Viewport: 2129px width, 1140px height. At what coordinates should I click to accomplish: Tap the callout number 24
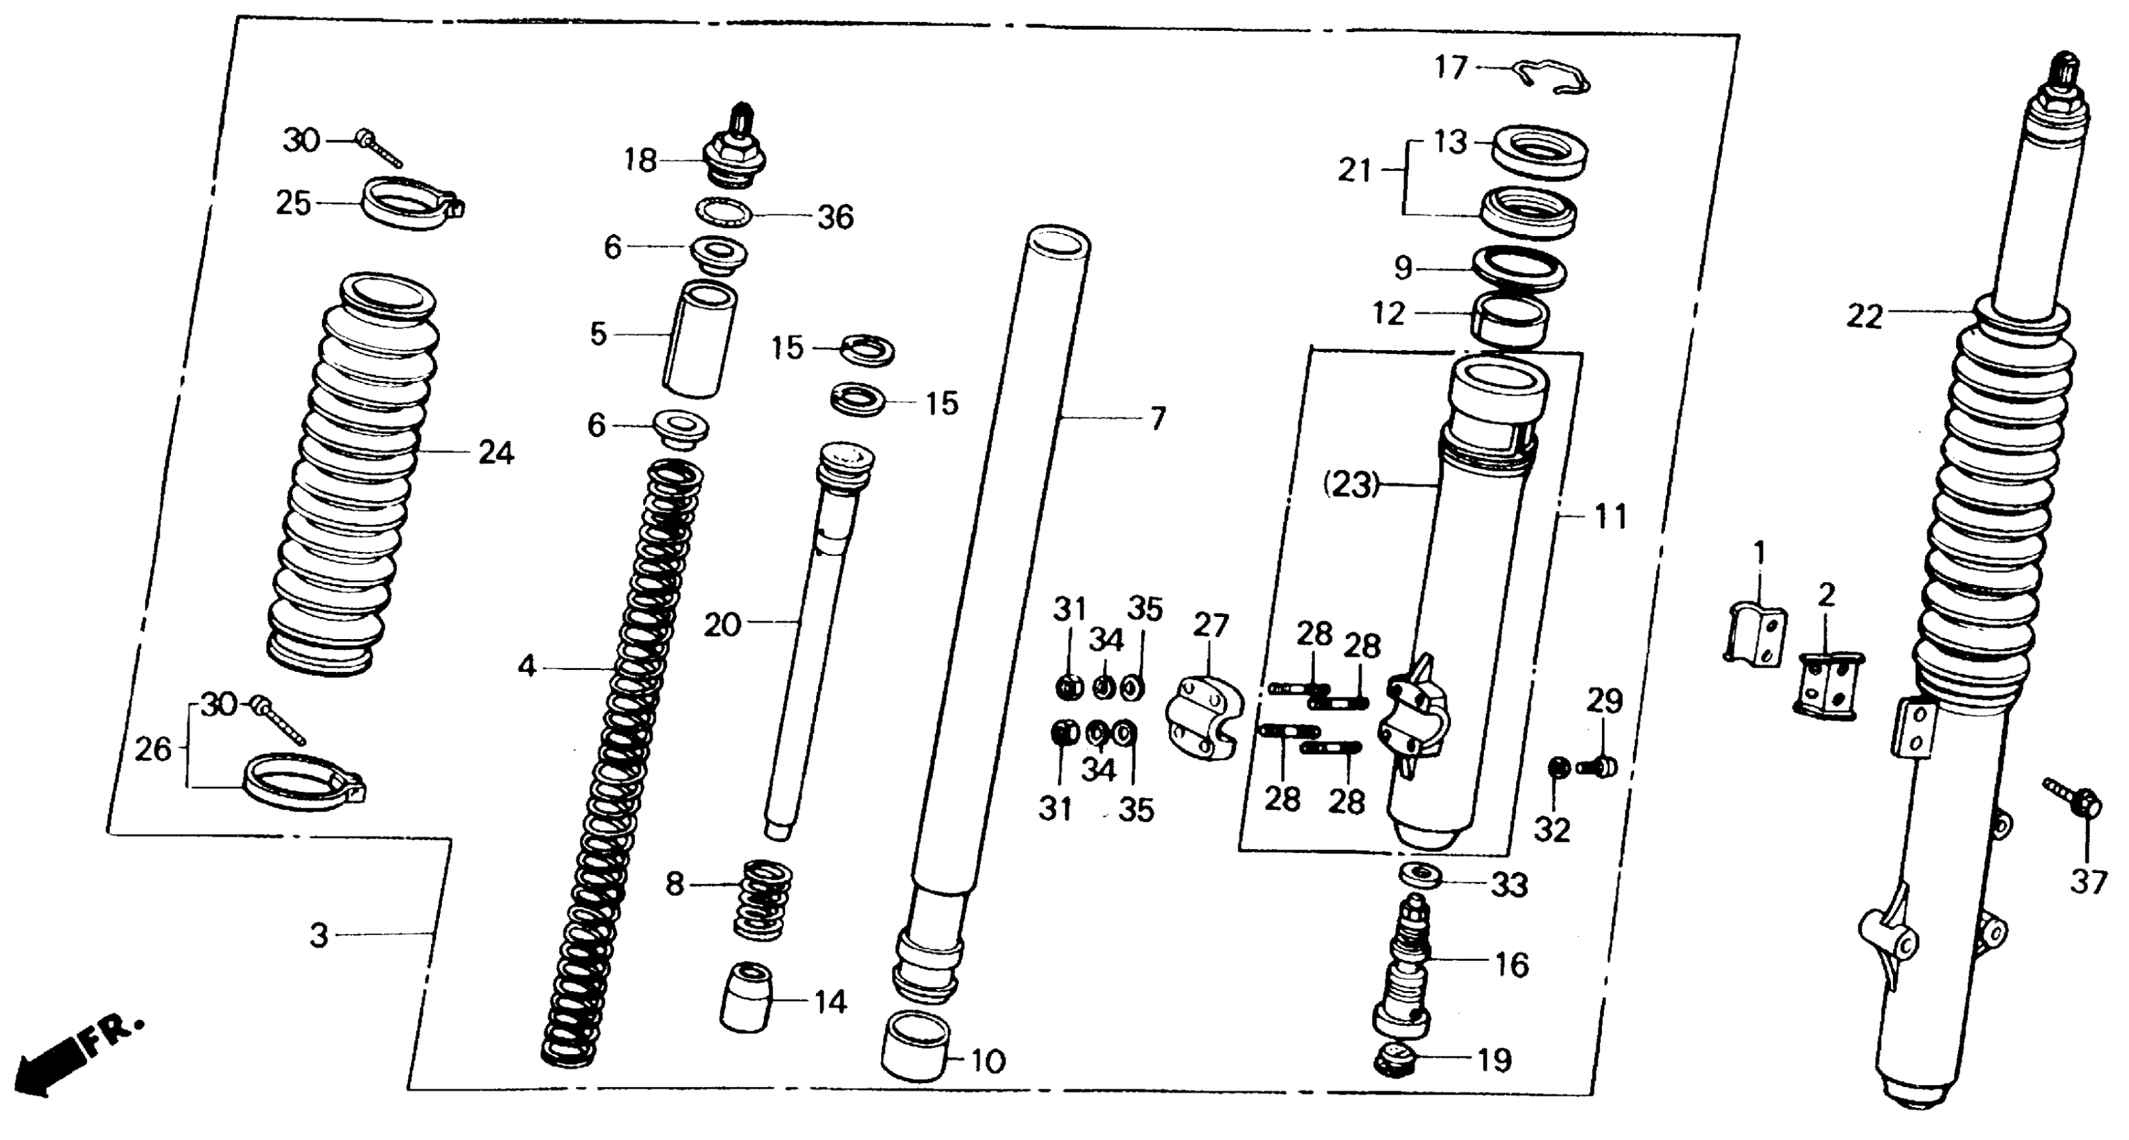(x=496, y=453)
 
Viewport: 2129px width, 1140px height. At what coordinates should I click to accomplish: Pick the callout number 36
(x=835, y=217)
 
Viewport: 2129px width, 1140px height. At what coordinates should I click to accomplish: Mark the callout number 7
(x=1158, y=419)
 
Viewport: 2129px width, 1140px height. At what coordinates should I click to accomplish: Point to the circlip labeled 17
(x=1554, y=76)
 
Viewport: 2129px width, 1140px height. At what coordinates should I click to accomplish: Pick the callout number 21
(x=1355, y=171)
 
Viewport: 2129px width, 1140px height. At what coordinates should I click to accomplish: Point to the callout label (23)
(x=1351, y=484)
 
